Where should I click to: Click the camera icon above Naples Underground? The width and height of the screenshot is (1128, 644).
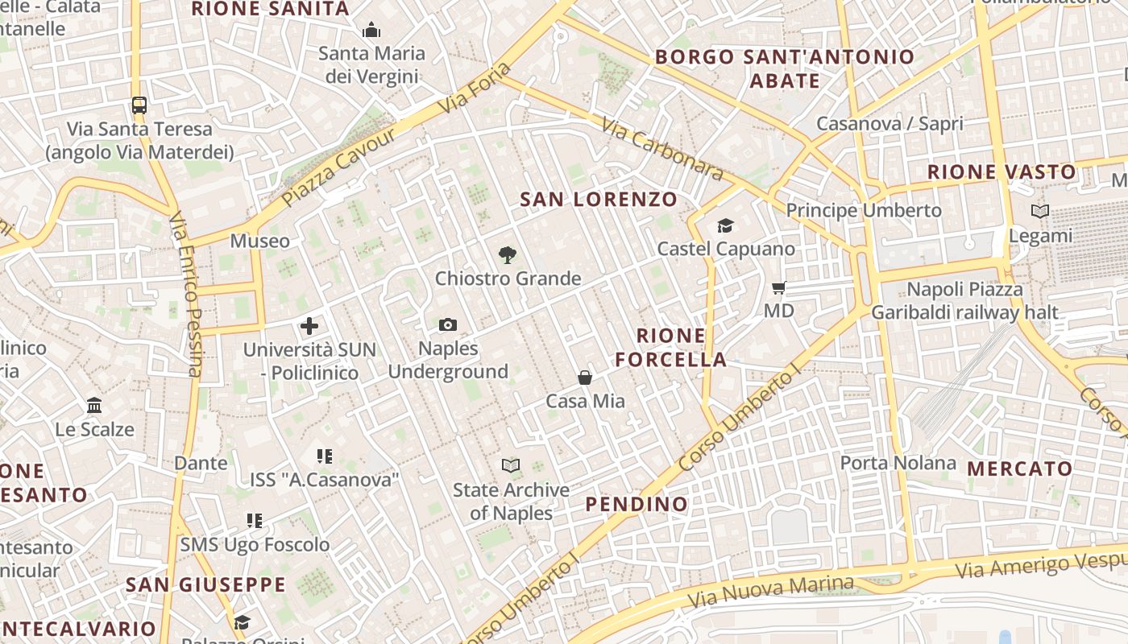coord(448,324)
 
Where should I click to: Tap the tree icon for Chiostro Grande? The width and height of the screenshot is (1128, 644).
coord(507,255)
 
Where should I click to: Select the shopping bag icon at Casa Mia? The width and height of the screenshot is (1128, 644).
coord(585,378)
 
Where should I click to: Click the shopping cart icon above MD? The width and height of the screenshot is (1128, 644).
coord(778,287)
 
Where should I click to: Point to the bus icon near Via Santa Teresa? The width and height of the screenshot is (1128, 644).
coord(139,105)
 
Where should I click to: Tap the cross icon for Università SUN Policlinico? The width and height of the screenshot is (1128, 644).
coord(309,326)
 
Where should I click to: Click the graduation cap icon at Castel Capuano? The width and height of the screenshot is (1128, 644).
coord(725,225)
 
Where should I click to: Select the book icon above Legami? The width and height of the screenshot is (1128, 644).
coord(1040,212)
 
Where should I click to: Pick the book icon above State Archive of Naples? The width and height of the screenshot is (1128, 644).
coord(511,465)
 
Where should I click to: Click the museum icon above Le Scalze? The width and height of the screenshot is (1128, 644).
coord(94,405)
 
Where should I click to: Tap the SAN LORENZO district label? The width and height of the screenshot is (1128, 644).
coord(599,199)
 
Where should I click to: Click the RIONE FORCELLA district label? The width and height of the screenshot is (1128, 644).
coord(671,348)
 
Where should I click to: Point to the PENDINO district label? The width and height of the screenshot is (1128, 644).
coord(637,505)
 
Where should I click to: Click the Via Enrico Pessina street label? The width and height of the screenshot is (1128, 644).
coord(189,294)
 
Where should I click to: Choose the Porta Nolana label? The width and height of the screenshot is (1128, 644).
coord(898,463)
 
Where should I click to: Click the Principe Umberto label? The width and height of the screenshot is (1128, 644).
coord(864,210)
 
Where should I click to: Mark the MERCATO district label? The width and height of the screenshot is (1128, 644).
coord(1019,469)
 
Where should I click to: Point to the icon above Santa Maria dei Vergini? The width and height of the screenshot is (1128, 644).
coord(371,31)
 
